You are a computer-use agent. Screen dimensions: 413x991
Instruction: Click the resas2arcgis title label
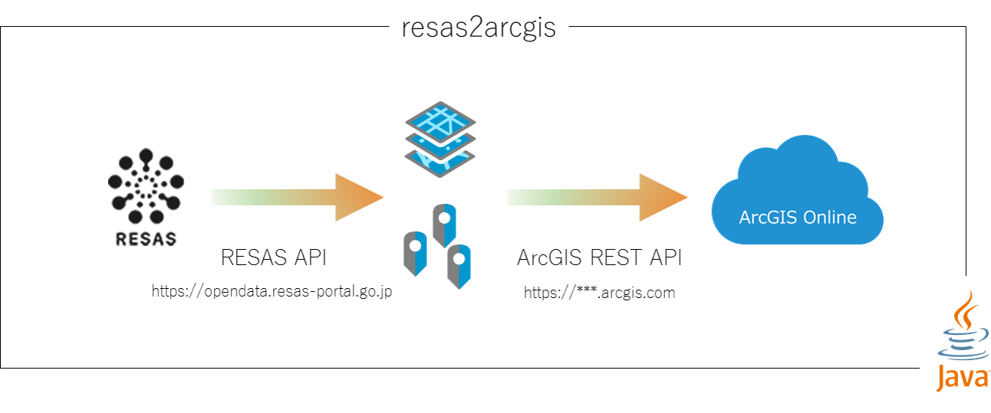click(479, 29)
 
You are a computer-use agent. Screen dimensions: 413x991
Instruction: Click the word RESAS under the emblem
click(146, 239)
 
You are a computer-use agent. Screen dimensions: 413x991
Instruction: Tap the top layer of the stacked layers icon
click(440, 120)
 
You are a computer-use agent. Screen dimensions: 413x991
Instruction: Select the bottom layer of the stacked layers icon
click(440, 162)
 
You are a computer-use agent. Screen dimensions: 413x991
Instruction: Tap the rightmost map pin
click(459, 265)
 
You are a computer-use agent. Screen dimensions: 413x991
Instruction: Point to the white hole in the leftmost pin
click(415, 246)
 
